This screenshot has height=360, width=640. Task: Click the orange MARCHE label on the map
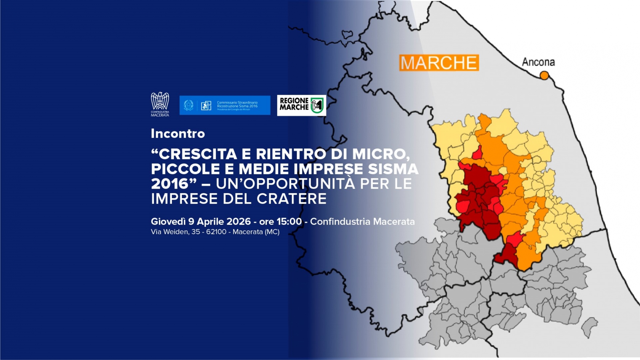[439, 63]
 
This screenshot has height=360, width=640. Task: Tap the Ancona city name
[538, 62]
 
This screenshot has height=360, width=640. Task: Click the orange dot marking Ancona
[544, 76]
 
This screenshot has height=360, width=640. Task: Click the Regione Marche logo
[301, 105]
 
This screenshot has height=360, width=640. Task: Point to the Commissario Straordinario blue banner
[225, 105]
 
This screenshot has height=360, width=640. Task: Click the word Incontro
[178, 134]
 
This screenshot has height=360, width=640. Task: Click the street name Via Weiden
[169, 232]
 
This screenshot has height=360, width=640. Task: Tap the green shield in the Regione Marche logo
[317, 105]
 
